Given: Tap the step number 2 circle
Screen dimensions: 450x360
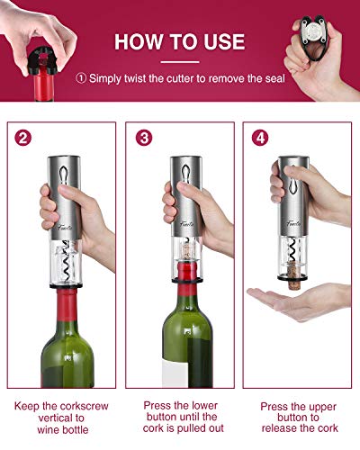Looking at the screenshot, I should click(24, 139).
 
